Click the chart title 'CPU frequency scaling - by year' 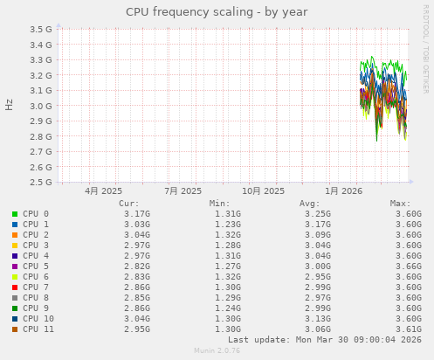217,12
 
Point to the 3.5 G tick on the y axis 41,29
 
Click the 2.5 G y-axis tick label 41,183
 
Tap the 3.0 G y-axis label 41,106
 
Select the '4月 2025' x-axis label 103,190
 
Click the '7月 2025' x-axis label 183,190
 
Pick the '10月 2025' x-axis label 263,190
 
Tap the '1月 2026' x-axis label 343,190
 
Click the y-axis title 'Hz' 9,106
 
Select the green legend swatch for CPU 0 15,213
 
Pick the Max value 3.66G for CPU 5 408,266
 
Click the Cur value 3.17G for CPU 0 136,213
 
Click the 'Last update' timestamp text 325,339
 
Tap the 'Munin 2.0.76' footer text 217,350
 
